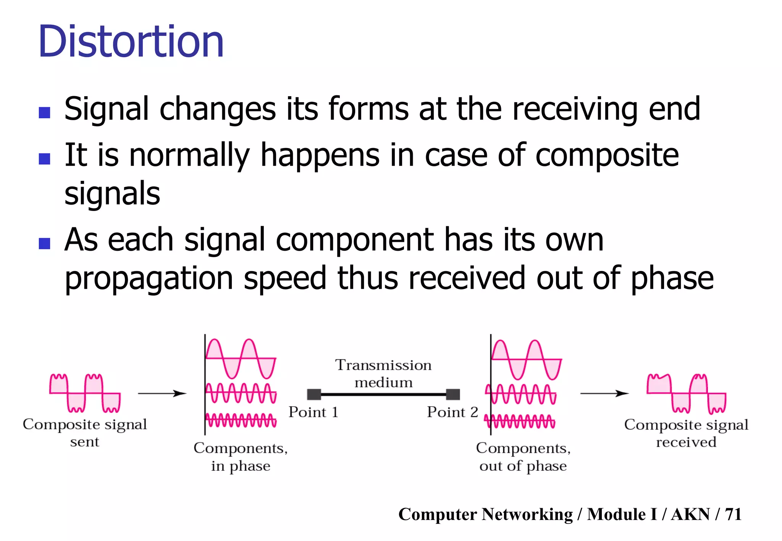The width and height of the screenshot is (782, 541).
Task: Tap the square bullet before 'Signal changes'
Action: click(x=45, y=113)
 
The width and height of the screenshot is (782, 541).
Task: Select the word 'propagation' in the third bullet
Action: click(x=149, y=279)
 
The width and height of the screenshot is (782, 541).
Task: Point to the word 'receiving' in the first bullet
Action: click(x=575, y=109)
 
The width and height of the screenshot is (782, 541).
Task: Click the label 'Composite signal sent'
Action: click(x=85, y=433)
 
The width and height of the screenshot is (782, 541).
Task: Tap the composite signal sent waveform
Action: click(x=85, y=393)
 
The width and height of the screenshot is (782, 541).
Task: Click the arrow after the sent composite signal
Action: click(x=162, y=393)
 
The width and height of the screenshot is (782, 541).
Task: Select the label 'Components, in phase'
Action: click(x=241, y=457)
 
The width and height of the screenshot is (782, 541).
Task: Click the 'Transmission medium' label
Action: click(x=383, y=374)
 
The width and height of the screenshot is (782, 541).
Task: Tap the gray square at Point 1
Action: click(x=314, y=394)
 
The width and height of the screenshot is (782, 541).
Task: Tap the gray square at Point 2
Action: click(x=453, y=394)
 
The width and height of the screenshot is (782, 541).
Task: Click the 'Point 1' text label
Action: click(x=313, y=412)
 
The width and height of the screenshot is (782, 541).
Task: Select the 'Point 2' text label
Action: click(x=452, y=412)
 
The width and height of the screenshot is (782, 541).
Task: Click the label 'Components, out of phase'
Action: click(x=523, y=457)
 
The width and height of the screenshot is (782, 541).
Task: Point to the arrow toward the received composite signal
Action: click(x=604, y=393)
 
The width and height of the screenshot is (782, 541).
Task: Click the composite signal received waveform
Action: click(x=686, y=394)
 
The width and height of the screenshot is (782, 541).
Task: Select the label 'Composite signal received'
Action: click(x=686, y=433)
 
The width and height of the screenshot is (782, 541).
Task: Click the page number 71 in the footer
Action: click(x=733, y=514)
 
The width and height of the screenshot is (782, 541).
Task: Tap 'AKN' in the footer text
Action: click(x=690, y=514)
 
